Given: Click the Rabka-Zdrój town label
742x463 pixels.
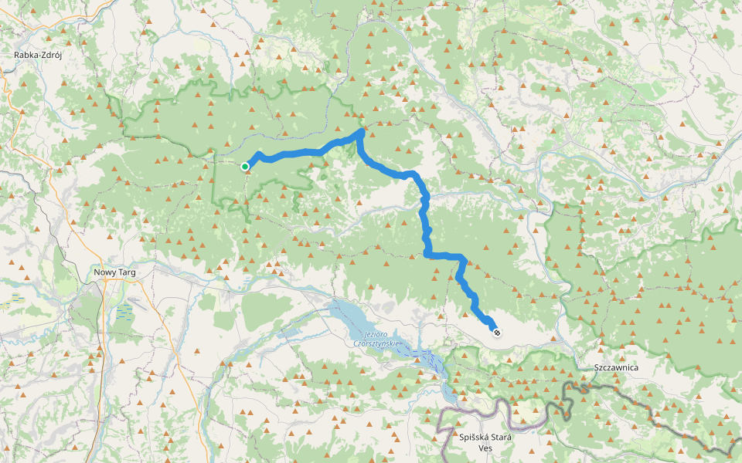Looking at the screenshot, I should [38, 55].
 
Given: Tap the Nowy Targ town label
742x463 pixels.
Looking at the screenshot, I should [114, 272].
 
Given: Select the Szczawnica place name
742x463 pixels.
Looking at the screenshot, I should [617, 367].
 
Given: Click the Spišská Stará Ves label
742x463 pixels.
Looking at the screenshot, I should [485, 442].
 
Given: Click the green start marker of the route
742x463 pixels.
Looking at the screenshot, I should [245, 166].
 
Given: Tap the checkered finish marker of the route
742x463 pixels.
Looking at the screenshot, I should [497, 333].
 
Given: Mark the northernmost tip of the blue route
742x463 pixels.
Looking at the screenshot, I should [361, 131].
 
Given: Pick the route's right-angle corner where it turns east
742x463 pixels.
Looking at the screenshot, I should [427, 254].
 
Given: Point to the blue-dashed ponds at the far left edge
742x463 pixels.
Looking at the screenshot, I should [17, 296].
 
